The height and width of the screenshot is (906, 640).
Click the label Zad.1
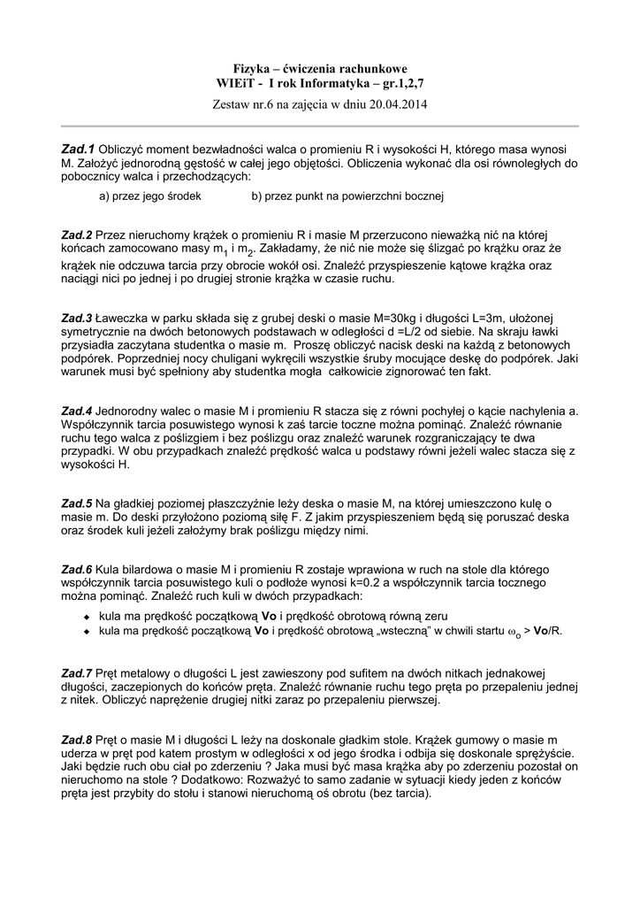pos(78,150)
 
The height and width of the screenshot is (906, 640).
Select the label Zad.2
pos(77,234)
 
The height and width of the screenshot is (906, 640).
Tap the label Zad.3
pos(77,317)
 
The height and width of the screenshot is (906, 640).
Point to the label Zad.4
pos(77,411)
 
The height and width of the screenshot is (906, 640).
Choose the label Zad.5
pos(77,503)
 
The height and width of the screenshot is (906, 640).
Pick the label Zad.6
pos(77,569)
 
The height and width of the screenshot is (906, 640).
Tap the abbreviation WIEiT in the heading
pos(235,84)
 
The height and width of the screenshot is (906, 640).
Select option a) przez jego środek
pos(150,196)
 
